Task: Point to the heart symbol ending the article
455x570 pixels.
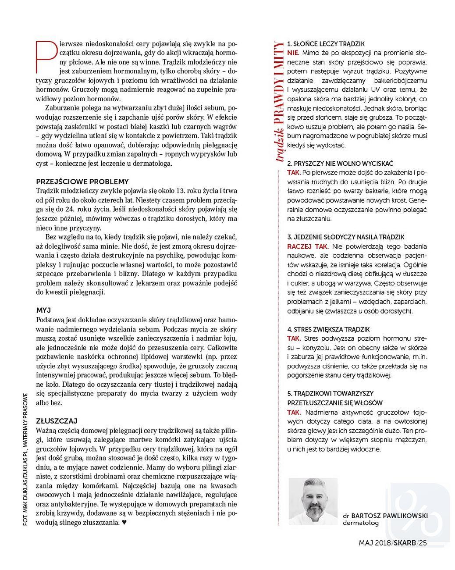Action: coord(124,523)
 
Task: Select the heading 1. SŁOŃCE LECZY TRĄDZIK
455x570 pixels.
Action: coord(326,44)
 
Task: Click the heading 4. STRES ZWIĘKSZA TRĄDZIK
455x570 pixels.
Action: coord(328,329)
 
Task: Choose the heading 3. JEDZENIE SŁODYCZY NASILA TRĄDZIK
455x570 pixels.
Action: coord(345,237)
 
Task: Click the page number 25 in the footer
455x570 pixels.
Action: coord(423,543)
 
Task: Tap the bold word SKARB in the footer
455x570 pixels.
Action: coord(404,543)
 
